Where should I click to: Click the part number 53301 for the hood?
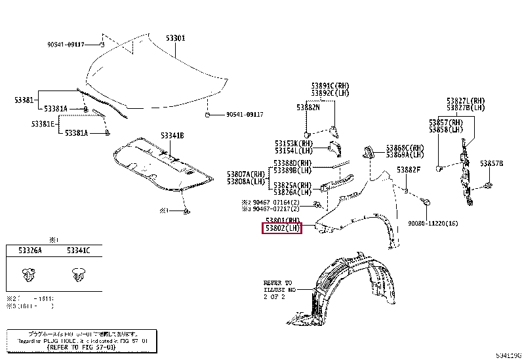tap(175, 39)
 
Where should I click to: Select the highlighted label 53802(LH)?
tap(282, 228)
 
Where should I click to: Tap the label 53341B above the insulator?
tap(172, 136)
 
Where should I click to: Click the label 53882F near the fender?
tap(408, 170)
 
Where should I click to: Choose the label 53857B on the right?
tap(491, 163)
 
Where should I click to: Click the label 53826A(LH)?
tap(292, 192)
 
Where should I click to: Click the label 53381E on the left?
tap(44, 123)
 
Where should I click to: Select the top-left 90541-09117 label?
tap(66, 45)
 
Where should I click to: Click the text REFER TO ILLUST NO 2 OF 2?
tap(279, 289)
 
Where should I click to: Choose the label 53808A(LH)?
tap(246, 181)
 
